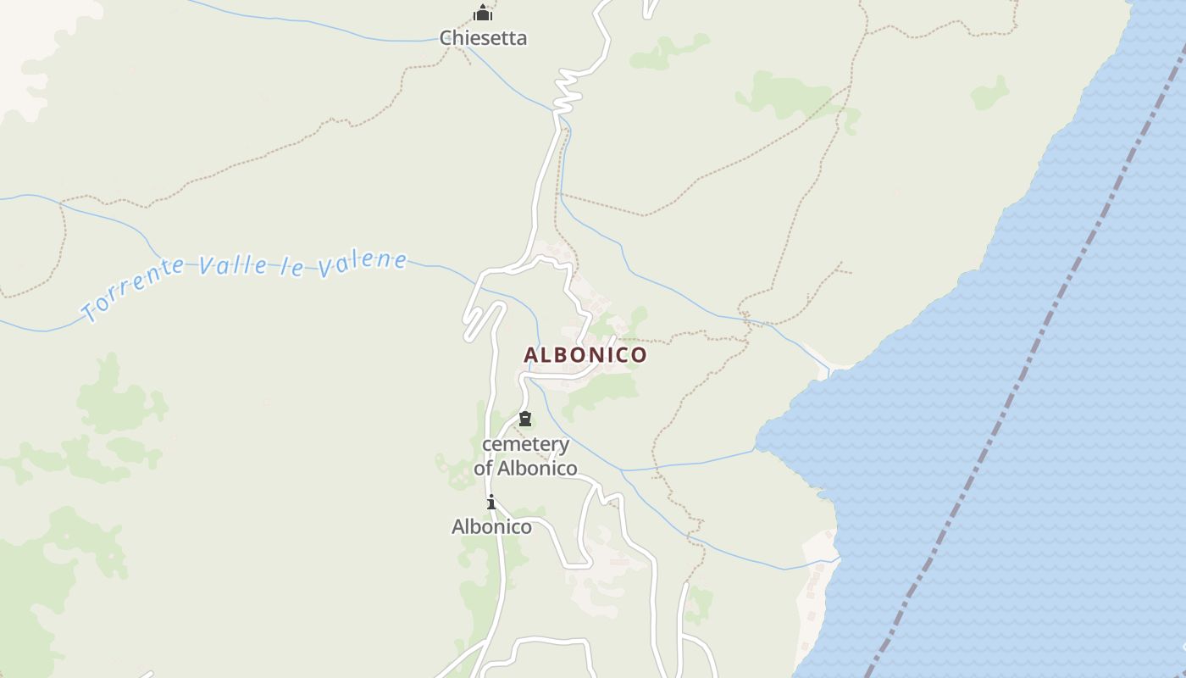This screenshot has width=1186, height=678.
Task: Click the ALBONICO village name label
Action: pyautogui.click(x=585, y=355)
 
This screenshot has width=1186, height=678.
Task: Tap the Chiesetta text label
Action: pyautogui.click(x=483, y=38)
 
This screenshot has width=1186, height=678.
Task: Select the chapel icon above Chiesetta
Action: pyautogui.click(x=483, y=13)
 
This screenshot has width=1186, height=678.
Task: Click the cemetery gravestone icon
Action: pyautogui.click(x=525, y=419)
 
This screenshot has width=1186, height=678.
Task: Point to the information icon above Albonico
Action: pyautogui.click(x=490, y=503)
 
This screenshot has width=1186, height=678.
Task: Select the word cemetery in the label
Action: pyautogui.click(x=525, y=444)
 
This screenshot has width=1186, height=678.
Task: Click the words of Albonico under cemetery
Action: pyautogui.click(x=525, y=468)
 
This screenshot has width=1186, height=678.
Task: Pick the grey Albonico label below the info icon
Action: pyautogui.click(x=491, y=527)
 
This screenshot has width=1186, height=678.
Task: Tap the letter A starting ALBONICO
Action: pyautogui.click(x=532, y=355)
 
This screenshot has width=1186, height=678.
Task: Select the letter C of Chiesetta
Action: pyautogui.click(x=446, y=38)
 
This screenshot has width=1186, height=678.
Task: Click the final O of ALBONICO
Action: pyautogui.click(x=639, y=355)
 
